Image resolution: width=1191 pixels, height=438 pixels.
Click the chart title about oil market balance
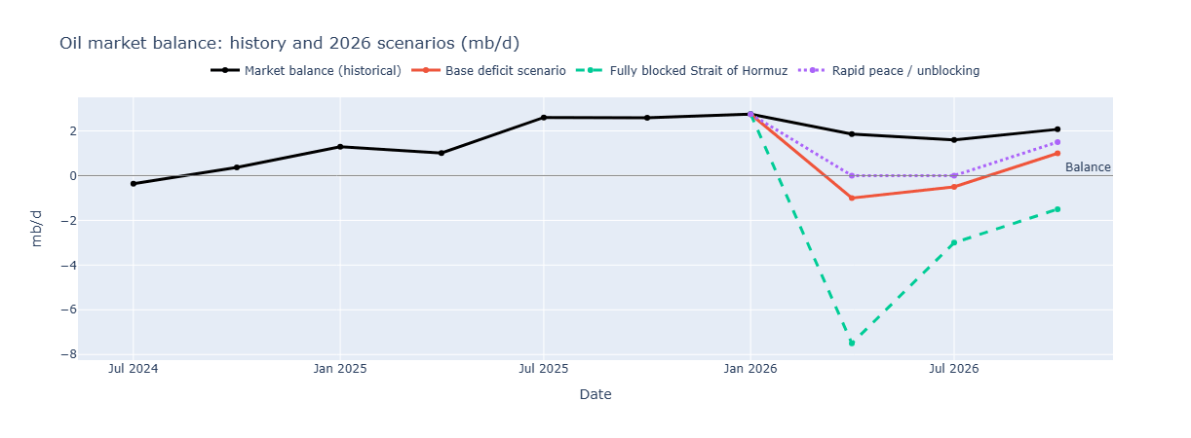coord(288,43)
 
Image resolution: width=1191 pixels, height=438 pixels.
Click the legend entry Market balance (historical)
coord(322,71)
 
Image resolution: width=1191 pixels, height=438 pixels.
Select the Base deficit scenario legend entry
coord(505,71)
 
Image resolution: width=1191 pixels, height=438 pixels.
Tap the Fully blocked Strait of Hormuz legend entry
coord(698,71)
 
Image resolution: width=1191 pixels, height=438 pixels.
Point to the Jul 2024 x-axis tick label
coord(134,370)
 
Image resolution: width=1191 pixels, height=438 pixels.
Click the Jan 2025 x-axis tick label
coord(339,370)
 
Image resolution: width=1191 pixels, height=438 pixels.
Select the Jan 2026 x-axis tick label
coord(750,370)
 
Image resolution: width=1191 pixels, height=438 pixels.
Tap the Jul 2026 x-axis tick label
coord(954,370)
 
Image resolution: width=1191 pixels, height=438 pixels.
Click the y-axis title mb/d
coord(37,228)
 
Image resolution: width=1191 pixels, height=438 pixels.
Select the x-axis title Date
coord(595,394)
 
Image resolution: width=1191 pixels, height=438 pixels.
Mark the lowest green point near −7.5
coord(852,343)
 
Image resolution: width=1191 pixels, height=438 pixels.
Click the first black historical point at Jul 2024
coord(134,183)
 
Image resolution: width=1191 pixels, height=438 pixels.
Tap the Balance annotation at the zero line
coord(1088,167)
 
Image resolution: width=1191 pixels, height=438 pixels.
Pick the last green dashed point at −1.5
coord(1057,209)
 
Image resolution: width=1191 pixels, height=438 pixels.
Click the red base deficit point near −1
coord(852,198)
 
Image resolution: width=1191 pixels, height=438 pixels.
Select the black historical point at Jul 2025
coord(544,118)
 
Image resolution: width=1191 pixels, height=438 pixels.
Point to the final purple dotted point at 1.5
coord(1057,142)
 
